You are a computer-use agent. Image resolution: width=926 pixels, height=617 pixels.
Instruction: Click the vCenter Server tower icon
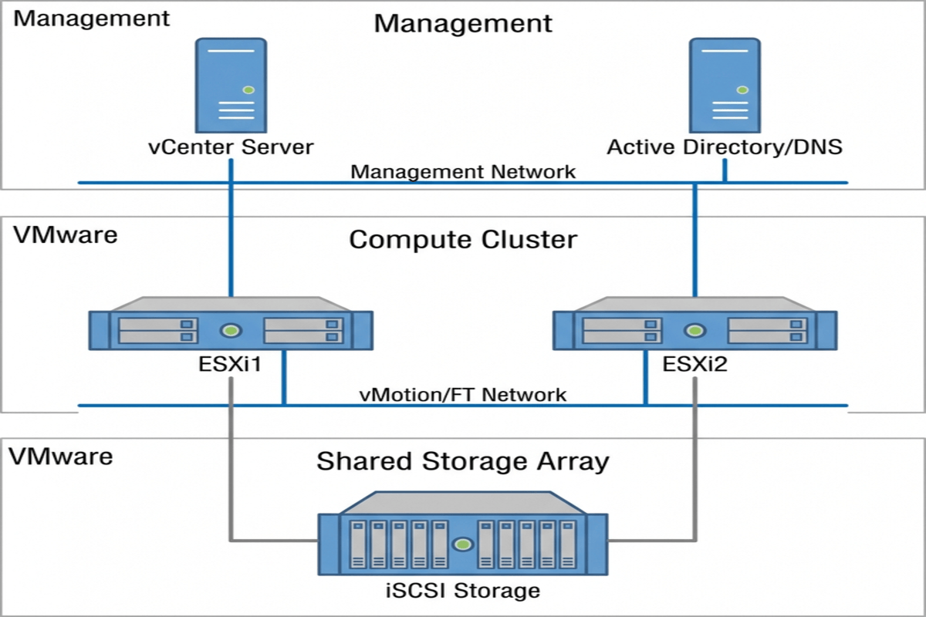[x=231, y=86]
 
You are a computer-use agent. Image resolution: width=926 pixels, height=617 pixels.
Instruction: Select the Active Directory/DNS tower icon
[x=724, y=86]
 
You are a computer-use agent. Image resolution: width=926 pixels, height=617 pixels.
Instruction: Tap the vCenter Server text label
[x=231, y=147]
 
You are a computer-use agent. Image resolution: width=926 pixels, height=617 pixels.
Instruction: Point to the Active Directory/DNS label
[x=724, y=147]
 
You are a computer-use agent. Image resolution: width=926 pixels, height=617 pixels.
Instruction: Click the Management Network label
[x=463, y=170]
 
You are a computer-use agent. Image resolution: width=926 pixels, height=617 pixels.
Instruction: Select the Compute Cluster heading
[x=463, y=239]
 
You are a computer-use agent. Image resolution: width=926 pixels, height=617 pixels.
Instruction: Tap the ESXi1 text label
[x=231, y=363]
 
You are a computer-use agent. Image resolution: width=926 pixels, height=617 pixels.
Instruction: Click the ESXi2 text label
[x=695, y=363]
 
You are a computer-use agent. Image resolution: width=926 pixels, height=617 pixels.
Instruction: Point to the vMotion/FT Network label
[x=463, y=395]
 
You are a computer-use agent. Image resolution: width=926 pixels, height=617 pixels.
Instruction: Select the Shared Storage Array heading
[x=463, y=461]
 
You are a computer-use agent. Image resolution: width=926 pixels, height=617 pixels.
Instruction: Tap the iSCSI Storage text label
[x=463, y=592]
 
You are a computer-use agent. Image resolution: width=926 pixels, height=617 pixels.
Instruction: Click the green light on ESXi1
[x=231, y=331]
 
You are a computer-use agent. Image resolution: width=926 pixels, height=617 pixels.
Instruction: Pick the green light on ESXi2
[x=695, y=331]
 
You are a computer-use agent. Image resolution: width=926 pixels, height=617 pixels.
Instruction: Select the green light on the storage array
[x=463, y=545]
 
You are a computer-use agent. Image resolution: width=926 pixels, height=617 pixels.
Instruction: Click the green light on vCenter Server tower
[x=248, y=90]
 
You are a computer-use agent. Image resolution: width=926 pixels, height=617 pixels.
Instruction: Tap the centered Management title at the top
[x=463, y=23]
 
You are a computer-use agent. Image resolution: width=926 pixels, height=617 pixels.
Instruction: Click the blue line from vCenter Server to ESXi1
[x=231, y=239]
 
